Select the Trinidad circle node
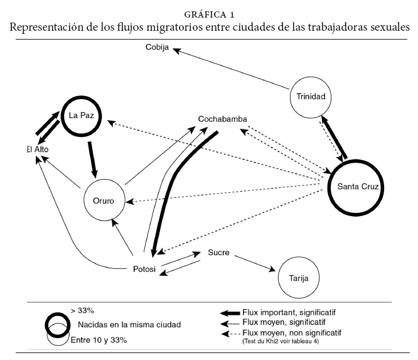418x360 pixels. click(311, 97)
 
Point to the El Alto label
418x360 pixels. click(38, 149)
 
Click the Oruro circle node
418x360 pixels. click(104, 202)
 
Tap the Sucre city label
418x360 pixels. click(218, 253)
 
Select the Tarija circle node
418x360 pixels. click(297, 276)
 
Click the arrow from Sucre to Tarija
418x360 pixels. click(254, 263)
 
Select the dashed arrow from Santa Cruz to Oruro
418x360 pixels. click(226, 194)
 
